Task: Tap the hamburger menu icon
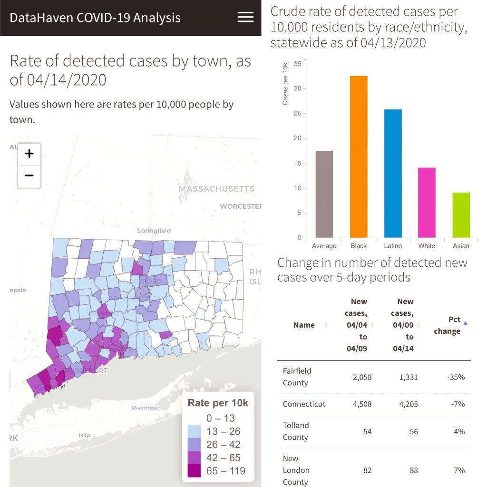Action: [245, 18]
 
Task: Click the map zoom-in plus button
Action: [29, 154]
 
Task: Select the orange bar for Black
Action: [359, 156]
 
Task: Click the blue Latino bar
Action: [393, 173]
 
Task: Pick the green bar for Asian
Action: [461, 215]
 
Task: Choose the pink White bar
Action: [427, 202]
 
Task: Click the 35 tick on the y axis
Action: [297, 64]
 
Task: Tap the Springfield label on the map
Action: [154, 231]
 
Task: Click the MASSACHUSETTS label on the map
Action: [216, 189]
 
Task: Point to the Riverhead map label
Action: [146, 408]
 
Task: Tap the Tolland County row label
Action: [296, 431]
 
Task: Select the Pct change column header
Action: [448, 325]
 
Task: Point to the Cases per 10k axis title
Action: [285, 83]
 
